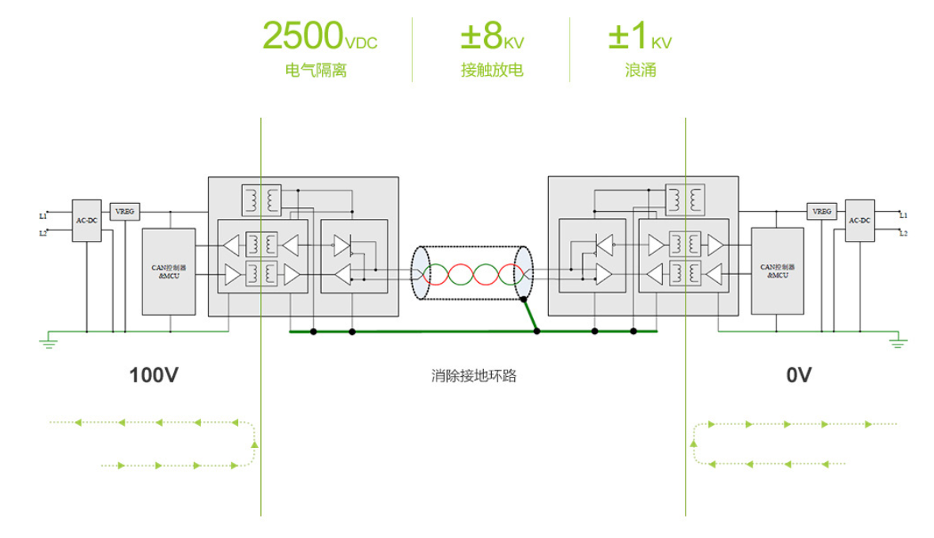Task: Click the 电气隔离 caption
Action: click(x=316, y=70)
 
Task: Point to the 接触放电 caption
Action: click(x=492, y=70)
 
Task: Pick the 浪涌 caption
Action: click(x=641, y=70)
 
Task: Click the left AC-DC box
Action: click(x=85, y=220)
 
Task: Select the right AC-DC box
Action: click(x=860, y=220)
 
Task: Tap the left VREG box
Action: click(x=124, y=212)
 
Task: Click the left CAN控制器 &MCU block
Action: click(x=168, y=271)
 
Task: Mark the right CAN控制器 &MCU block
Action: click(x=777, y=271)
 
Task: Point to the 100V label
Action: click(x=153, y=375)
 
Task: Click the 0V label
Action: click(x=799, y=375)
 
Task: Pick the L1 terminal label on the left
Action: click(x=43, y=215)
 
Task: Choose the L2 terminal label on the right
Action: click(x=902, y=233)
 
